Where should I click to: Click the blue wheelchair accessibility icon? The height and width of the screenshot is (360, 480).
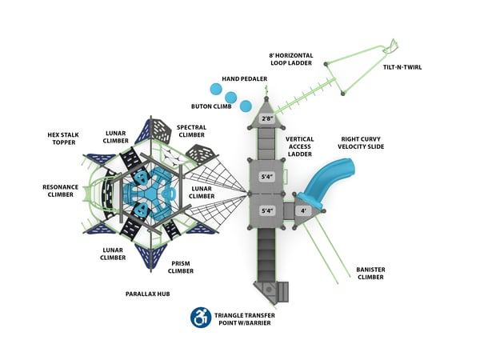coord(200,318)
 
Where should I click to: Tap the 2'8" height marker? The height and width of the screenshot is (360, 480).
coord(268,120)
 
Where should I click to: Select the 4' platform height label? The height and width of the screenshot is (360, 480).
coord(303,211)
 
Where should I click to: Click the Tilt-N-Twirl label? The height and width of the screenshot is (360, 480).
coord(402,67)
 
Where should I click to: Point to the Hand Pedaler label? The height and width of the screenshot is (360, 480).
coord(244,78)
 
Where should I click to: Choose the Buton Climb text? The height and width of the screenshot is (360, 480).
coord(212,106)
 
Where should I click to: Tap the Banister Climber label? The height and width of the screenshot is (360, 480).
coord(370,274)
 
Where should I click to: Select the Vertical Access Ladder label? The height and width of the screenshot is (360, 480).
coord(299,146)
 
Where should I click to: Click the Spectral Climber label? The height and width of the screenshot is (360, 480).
coord(191,130)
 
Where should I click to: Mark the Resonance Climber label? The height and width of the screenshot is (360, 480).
coord(60,190)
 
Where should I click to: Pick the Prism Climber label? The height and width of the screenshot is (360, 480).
coord(181,267)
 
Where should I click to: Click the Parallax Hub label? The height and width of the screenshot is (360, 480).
coord(148,294)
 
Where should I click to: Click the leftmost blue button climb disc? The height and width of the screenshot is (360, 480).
coord(214,89)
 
